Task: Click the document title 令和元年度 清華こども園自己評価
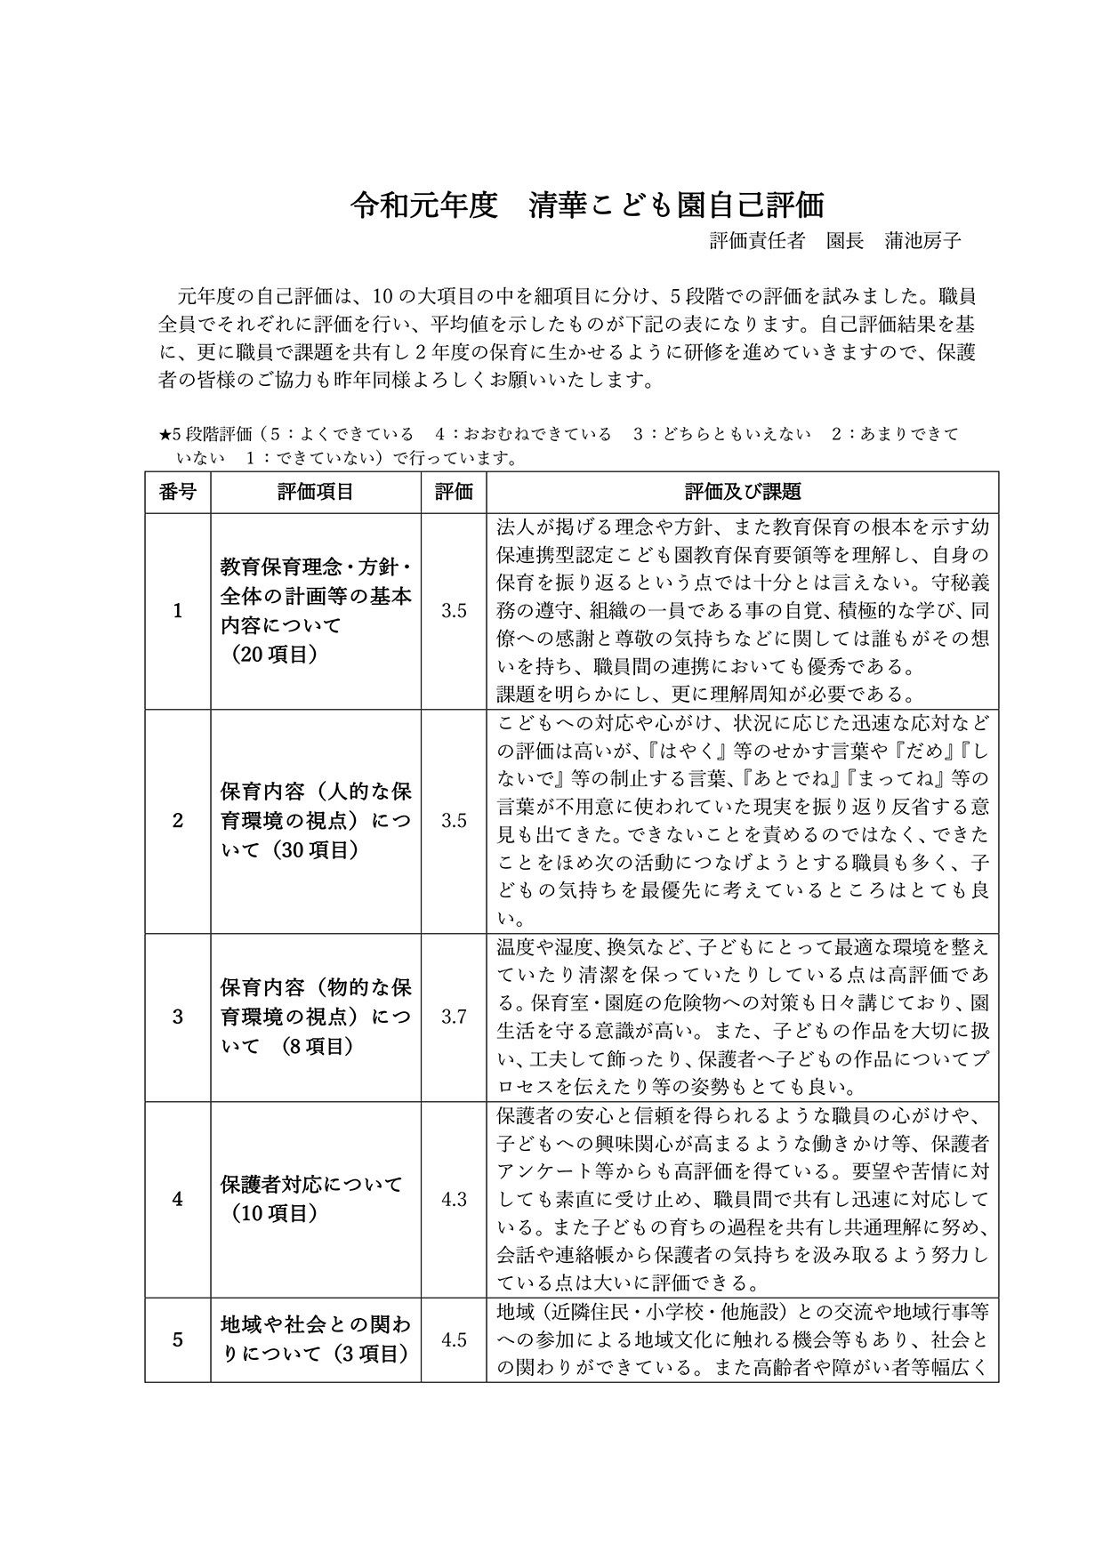click(587, 205)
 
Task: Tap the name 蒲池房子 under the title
click(923, 240)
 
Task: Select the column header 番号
click(178, 492)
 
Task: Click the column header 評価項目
click(315, 492)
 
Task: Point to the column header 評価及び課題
click(742, 492)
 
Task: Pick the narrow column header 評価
click(454, 492)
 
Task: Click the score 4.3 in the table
click(454, 1199)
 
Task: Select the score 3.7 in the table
click(454, 1017)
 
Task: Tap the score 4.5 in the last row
click(454, 1339)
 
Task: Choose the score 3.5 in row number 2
click(454, 821)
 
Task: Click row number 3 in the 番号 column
click(178, 1017)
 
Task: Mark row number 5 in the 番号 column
click(178, 1339)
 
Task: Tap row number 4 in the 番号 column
click(178, 1199)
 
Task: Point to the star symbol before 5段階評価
click(165, 435)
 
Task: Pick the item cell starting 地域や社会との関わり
click(315, 1339)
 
